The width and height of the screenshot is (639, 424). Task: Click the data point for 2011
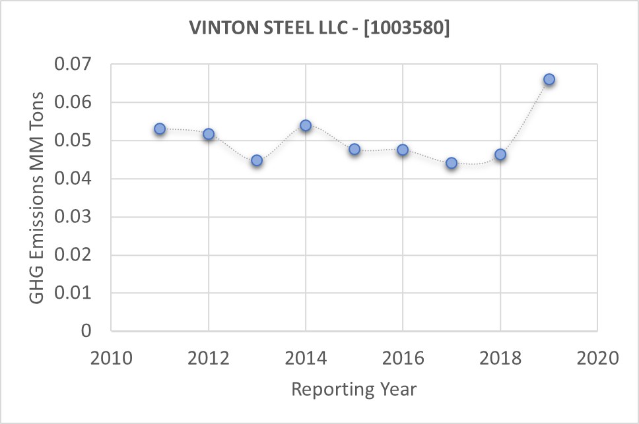tap(160, 129)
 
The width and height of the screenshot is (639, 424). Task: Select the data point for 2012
tap(209, 134)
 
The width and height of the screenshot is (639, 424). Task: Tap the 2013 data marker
tap(257, 160)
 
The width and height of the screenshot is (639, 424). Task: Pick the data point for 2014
tap(306, 125)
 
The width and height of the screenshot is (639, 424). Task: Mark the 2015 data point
tap(354, 149)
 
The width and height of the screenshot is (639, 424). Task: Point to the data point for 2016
tap(403, 150)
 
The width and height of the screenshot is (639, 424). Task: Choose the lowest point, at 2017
tap(452, 163)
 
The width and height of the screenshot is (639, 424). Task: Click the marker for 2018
tap(500, 154)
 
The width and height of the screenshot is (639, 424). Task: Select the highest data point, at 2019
tap(549, 79)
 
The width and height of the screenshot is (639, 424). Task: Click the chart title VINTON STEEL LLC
tap(270, 29)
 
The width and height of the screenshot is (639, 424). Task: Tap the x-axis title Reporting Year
tap(354, 389)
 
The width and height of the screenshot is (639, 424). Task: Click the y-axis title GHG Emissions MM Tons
tap(38, 198)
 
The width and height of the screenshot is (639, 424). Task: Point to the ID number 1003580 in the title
tap(407, 29)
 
